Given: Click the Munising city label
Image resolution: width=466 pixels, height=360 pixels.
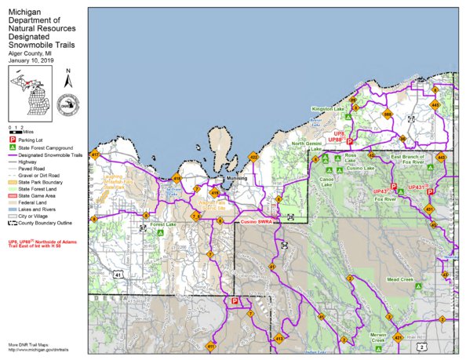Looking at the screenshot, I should click(236, 179).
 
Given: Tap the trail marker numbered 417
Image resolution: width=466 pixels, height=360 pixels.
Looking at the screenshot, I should click(95, 155).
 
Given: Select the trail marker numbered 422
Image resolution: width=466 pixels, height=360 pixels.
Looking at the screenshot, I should click(253, 157).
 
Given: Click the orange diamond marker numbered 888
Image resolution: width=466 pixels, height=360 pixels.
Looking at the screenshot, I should click(387, 115).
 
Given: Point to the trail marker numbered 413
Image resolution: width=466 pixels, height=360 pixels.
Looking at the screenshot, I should click(278, 339).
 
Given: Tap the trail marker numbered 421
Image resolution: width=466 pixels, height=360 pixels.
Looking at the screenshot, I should click(399, 338).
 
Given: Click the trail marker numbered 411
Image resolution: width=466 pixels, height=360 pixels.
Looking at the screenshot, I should click(210, 346).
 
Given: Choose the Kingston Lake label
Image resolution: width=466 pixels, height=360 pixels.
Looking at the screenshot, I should click(328, 108).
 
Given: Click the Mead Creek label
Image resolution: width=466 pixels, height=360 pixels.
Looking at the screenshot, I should click(399, 278).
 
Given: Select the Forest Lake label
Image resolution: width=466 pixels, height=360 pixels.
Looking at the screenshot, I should click(164, 224).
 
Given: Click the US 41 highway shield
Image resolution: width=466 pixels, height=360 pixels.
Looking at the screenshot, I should click(116, 275).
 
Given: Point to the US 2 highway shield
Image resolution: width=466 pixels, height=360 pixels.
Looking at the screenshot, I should click(423, 345).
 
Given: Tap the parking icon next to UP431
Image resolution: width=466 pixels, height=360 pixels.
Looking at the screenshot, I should click(430, 191).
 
